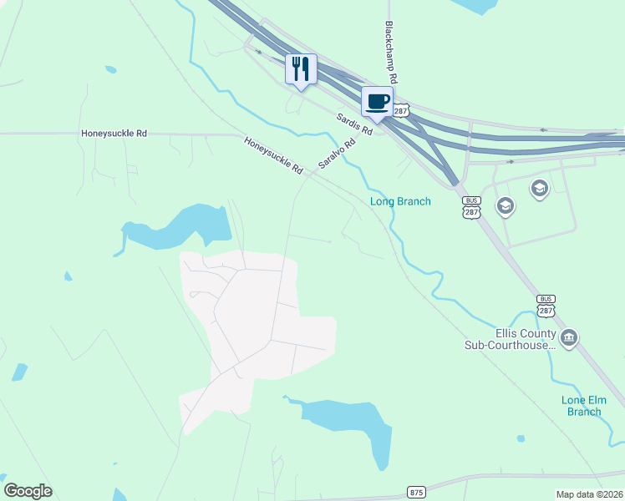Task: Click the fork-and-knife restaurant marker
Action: (x=302, y=68)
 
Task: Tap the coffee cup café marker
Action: (x=377, y=102)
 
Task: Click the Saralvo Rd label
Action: (x=336, y=154)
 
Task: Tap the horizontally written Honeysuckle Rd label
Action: (x=114, y=133)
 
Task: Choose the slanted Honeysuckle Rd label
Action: (x=273, y=155)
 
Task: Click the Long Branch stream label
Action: (x=401, y=201)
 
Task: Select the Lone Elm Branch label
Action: (x=582, y=405)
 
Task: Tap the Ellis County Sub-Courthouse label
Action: (x=510, y=338)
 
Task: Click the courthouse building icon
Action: (x=569, y=338)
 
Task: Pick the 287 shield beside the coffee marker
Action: (x=402, y=109)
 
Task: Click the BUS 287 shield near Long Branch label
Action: (x=472, y=207)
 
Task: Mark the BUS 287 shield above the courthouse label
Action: (x=546, y=305)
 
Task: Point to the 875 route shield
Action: (x=416, y=492)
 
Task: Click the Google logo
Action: (x=28, y=491)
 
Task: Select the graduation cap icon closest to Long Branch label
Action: (x=505, y=205)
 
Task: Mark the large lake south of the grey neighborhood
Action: (x=351, y=424)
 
